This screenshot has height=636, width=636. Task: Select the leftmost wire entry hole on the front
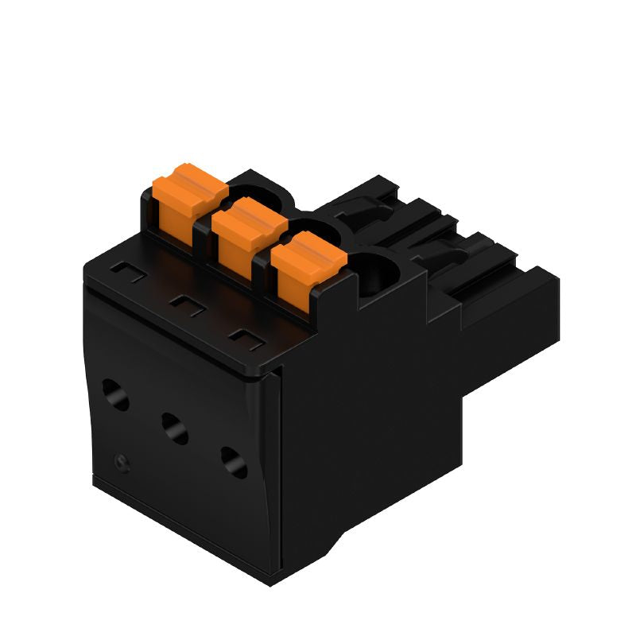pyautogui.click(x=115, y=394)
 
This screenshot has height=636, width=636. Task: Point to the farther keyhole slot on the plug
pyautogui.click(x=362, y=210)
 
